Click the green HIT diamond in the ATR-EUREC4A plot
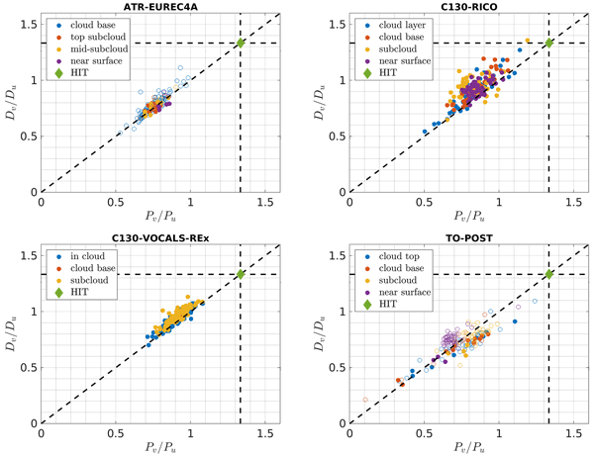(240, 43)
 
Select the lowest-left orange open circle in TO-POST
(365, 399)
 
